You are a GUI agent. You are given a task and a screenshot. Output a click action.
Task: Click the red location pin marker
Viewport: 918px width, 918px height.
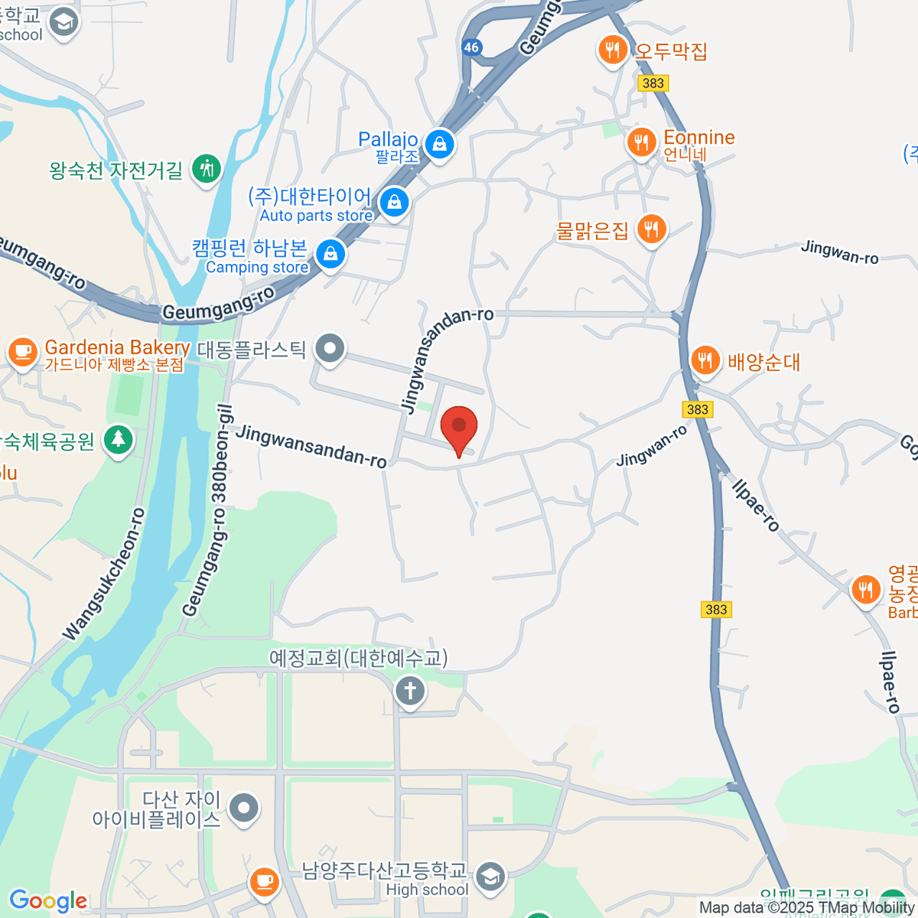tap(459, 426)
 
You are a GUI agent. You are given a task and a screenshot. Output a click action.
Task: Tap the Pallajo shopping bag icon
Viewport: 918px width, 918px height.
tap(439, 143)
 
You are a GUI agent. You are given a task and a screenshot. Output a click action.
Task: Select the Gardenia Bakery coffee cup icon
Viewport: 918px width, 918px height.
tap(23, 352)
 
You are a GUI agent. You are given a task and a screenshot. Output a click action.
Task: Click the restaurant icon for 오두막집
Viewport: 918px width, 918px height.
tap(612, 50)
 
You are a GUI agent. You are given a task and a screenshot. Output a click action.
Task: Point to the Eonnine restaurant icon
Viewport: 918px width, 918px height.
tap(641, 142)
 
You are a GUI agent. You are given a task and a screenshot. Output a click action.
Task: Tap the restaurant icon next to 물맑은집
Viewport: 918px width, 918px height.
tap(652, 228)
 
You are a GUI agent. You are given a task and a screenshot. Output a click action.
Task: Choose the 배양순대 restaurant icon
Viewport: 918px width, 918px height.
tap(705, 360)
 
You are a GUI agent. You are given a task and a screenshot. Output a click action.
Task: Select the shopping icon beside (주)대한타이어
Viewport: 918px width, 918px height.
tap(394, 202)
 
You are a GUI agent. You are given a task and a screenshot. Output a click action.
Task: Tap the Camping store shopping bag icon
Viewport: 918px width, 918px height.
tap(330, 253)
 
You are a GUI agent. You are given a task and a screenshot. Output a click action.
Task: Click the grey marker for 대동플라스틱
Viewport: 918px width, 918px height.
tap(330, 349)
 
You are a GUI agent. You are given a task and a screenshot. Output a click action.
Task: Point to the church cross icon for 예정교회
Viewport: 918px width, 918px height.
tap(410, 691)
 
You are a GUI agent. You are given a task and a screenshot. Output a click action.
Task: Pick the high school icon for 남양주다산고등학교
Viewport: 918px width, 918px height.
tap(490, 877)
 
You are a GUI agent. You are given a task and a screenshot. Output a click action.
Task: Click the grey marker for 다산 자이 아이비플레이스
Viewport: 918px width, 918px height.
tap(244, 808)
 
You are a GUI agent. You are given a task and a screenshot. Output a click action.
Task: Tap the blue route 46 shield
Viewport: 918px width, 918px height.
tap(471, 47)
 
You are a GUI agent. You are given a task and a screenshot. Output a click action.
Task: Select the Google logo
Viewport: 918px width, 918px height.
tap(47, 900)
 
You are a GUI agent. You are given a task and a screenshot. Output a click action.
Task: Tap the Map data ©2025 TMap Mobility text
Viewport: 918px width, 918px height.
tap(806, 908)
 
